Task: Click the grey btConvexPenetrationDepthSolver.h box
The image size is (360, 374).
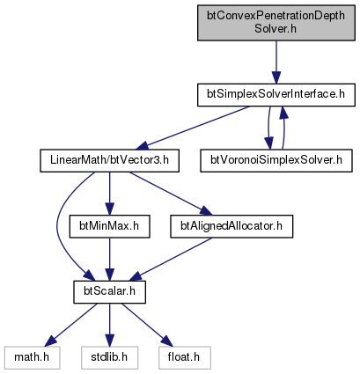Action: tap(276, 23)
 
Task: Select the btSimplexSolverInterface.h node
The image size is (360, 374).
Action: tap(276, 95)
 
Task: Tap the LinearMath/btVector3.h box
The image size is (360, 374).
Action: tap(109, 161)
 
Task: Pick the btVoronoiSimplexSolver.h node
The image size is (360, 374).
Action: tap(276, 161)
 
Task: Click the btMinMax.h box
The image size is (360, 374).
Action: tap(109, 226)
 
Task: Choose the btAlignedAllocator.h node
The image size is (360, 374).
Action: tap(231, 226)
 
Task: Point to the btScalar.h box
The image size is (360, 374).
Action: tap(109, 292)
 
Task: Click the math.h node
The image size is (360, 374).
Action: tap(32, 358)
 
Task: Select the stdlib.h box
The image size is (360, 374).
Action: tap(109, 358)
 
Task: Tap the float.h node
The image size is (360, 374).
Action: tap(185, 358)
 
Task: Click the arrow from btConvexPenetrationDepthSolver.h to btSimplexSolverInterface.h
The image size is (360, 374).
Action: tap(276, 62)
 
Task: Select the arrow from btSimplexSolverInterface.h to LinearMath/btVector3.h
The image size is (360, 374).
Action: tap(194, 128)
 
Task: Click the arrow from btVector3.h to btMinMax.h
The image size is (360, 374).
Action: tap(109, 194)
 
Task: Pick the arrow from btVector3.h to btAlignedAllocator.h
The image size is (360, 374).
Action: tap(171, 194)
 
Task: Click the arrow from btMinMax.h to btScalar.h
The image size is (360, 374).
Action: tap(109, 260)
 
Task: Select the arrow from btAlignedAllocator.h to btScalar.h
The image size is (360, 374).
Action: tap(171, 260)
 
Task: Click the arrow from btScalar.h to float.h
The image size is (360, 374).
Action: tap(147, 325)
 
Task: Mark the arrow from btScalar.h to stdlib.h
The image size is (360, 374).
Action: tap(109, 325)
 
